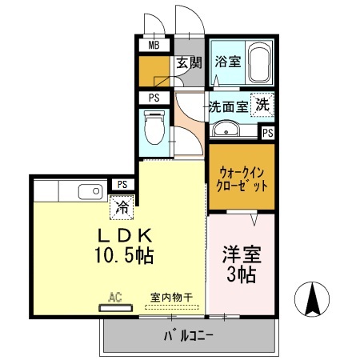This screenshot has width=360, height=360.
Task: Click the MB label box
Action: click(x=153, y=45)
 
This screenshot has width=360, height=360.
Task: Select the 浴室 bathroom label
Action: click(x=227, y=61)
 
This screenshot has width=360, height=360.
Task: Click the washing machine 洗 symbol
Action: click(x=262, y=104)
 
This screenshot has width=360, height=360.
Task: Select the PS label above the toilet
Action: click(x=153, y=98)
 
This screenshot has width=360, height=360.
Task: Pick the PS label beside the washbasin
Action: click(x=267, y=134)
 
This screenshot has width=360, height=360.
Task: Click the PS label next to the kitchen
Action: click(x=122, y=184)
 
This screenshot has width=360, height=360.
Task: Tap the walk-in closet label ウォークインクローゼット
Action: click(x=242, y=176)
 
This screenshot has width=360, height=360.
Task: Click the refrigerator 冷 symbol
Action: click(x=122, y=207)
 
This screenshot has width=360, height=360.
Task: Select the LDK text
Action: click(x=125, y=237)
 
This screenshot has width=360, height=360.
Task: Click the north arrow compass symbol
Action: click(x=314, y=301)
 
